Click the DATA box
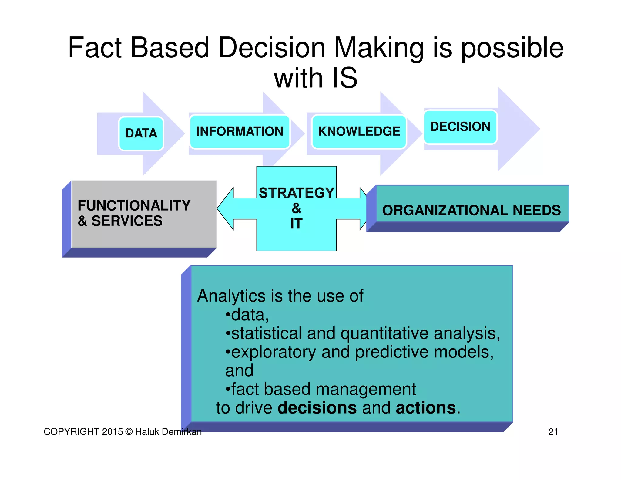[141, 134]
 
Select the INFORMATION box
[240, 132]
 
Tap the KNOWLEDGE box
[359, 132]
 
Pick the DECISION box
[460, 127]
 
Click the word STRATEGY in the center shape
[296, 193]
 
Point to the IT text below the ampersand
[296, 224]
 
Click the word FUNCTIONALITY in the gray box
[134, 206]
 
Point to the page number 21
[553, 432]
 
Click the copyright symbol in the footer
[129, 432]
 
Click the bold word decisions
[317, 408]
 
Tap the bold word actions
[426, 408]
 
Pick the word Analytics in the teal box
[231, 296]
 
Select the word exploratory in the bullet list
[274, 352]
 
